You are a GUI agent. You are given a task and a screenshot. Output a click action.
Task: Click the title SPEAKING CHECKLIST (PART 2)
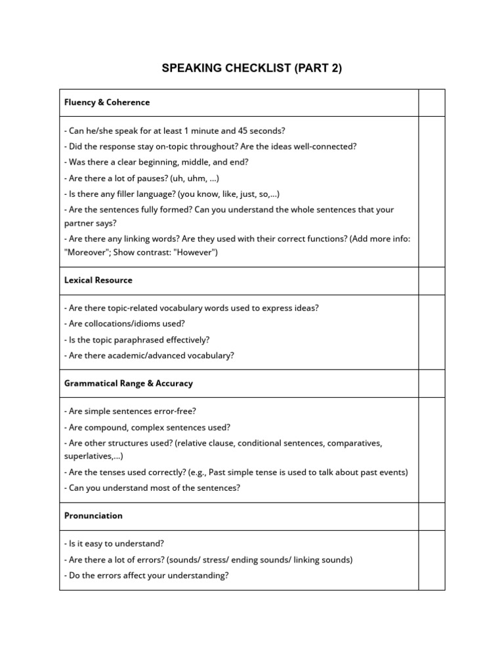point(252,68)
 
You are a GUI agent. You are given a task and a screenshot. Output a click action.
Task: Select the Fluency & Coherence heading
point(107,102)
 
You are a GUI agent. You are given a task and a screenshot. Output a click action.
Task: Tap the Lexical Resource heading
point(98,280)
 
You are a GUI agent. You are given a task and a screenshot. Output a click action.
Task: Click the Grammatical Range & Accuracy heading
point(129,383)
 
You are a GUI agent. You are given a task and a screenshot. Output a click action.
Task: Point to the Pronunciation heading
point(93,516)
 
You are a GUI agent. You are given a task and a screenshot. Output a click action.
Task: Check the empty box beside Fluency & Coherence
point(432,103)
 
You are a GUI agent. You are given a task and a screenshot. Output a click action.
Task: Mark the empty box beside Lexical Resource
point(432,281)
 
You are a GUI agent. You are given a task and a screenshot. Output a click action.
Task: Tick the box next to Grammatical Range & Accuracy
point(432,383)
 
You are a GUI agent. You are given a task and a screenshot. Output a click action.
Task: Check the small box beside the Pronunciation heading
point(432,516)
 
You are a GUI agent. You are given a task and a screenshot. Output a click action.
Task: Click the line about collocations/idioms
point(125,324)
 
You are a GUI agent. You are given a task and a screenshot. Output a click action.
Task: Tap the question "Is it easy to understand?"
point(114,543)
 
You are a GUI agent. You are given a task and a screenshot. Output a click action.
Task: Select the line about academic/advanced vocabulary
point(149,356)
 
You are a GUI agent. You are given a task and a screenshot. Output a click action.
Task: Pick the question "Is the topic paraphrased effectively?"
point(136,340)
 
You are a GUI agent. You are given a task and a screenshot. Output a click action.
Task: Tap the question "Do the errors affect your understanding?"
point(146,576)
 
